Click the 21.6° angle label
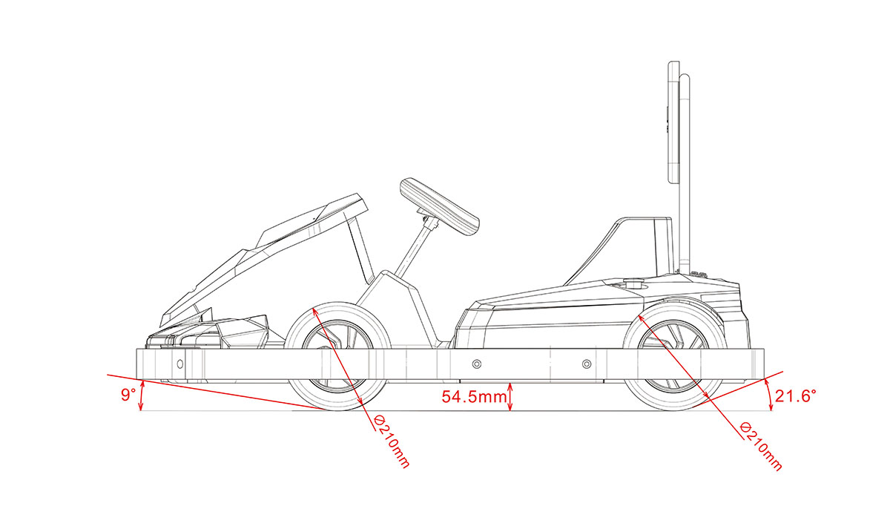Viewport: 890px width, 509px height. click(796, 396)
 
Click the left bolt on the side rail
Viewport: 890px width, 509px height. click(476, 364)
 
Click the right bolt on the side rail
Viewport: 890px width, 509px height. click(587, 364)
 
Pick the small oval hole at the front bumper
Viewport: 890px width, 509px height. click(179, 364)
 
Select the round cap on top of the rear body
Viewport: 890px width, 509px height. click(634, 283)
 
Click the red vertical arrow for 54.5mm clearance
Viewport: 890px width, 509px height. click(510, 396)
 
